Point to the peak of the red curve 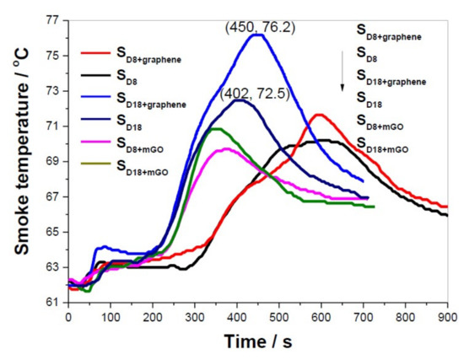click(x=319, y=115)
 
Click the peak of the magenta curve click(x=225, y=148)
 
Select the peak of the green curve click(x=216, y=128)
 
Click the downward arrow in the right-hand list click(x=343, y=76)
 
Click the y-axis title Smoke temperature click(x=19, y=160)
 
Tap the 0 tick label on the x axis click(x=68, y=318)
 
